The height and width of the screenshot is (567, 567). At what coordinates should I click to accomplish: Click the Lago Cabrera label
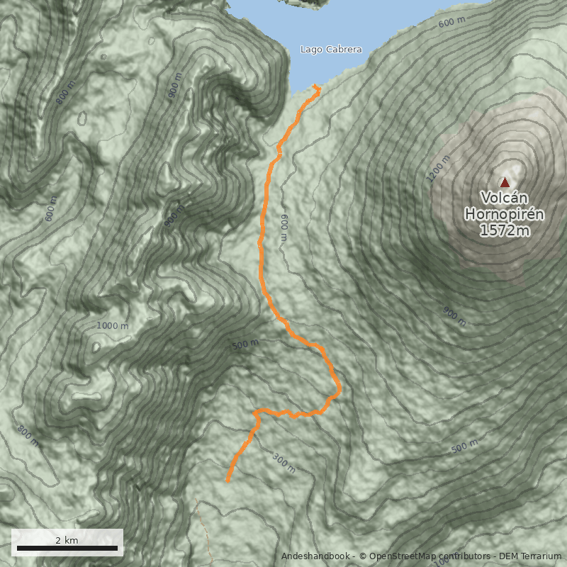tap(331, 50)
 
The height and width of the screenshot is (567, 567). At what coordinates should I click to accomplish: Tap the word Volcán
tap(505, 198)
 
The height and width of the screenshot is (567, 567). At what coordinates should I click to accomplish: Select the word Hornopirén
tap(505, 213)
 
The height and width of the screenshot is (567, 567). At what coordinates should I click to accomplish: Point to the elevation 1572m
tap(505, 230)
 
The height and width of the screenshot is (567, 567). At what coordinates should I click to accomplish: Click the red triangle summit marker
tap(505, 182)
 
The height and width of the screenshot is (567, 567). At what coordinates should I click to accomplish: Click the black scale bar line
tap(67, 548)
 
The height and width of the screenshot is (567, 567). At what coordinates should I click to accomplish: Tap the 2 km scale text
tap(67, 540)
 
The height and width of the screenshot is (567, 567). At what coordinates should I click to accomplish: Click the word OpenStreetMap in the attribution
tap(405, 556)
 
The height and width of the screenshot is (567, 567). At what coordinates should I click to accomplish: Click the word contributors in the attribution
tap(465, 556)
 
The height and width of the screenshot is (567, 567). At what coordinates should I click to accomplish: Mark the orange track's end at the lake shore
tap(316, 89)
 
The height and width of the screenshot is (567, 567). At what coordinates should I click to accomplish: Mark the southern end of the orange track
tap(228, 481)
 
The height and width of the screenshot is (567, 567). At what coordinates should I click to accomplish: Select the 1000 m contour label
tap(113, 325)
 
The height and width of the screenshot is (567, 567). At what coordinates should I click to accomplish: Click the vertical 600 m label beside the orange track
tap(284, 228)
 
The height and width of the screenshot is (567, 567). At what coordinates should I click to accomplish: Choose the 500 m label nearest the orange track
tap(245, 344)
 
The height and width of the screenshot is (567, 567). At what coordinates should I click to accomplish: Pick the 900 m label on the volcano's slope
tap(454, 317)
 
